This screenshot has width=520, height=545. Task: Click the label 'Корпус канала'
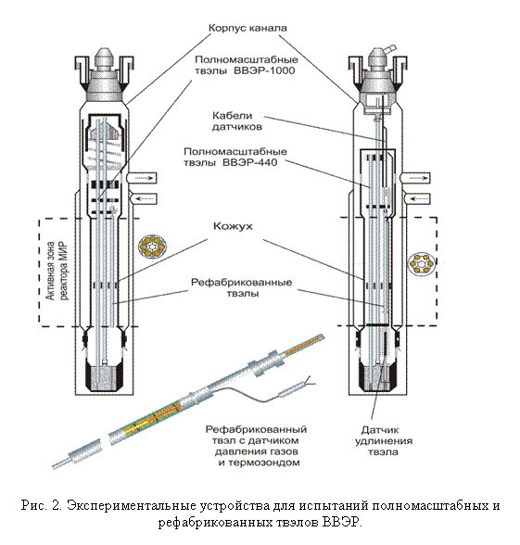coord(247,28)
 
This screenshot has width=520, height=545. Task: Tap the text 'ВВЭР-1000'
coord(264,70)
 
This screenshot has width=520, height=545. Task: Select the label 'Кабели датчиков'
coord(237,120)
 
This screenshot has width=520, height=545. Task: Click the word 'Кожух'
coord(233,226)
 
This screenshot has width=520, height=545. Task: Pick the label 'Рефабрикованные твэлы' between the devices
coord(242,287)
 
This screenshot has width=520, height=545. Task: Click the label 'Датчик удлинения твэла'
coord(384,441)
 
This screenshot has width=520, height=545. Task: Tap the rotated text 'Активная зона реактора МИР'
coord(57,271)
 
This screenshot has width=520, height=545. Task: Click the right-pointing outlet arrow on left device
coord(143,178)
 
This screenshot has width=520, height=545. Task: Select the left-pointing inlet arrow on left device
coord(143,198)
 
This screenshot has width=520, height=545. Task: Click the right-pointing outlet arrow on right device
coord(417,178)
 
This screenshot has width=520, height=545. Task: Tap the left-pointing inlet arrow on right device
coord(417,198)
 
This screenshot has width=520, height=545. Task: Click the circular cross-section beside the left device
coord(153,247)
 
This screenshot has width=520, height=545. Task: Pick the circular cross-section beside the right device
coord(422,264)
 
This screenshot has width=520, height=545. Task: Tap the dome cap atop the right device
coord(377,58)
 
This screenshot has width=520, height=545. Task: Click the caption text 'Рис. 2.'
coord(42,505)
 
